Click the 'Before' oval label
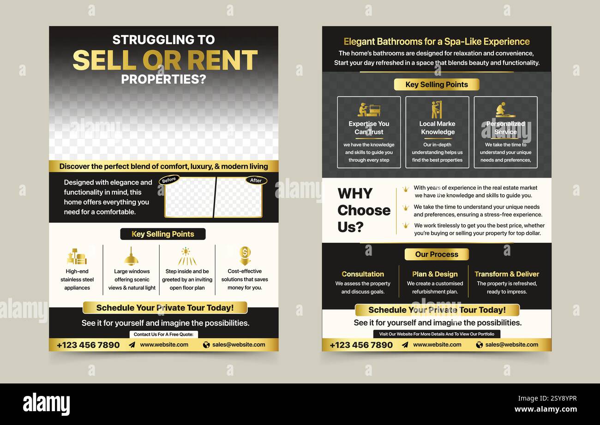[x=169, y=180]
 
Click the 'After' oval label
[x=256, y=180]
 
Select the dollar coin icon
[x=245, y=256]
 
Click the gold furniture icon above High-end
[x=77, y=257]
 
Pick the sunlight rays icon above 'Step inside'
[x=187, y=256]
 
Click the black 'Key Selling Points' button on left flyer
[x=163, y=234]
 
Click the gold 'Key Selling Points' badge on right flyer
[x=437, y=84]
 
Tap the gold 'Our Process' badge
[x=437, y=254]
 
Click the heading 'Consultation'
[x=363, y=274]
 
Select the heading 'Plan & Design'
[x=435, y=274]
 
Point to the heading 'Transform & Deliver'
[x=507, y=274]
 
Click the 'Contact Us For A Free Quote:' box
[x=164, y=334]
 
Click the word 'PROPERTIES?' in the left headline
[x=164, y=79]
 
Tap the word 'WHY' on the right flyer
[x=355, y=193]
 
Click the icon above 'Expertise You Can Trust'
[x=369, y=109]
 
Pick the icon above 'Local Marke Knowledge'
[x=437, y=109]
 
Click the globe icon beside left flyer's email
[x=206, y=345]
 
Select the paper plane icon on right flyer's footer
[x=405, y=345]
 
